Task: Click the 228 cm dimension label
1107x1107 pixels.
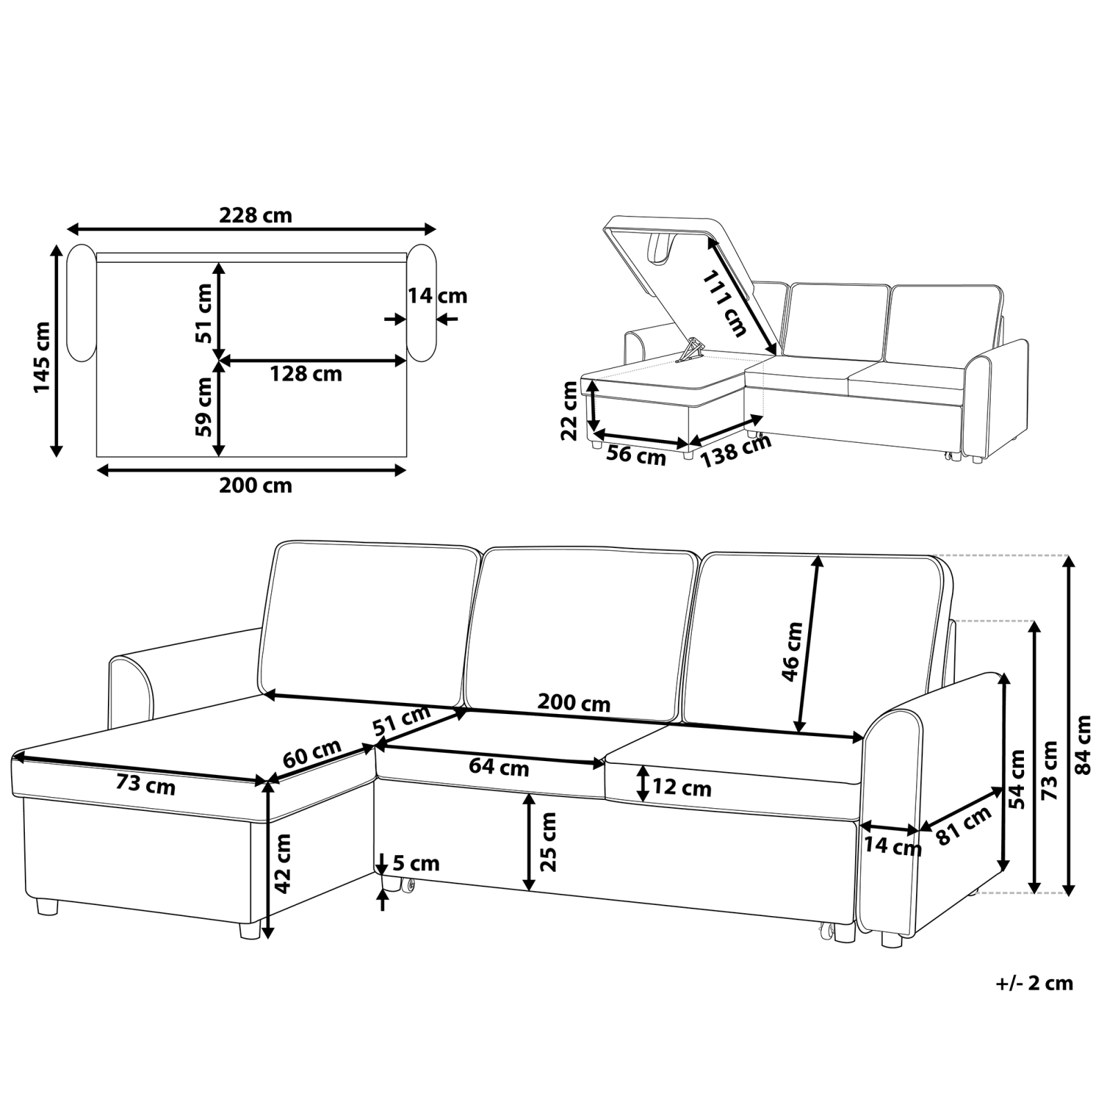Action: (x=255, y=216)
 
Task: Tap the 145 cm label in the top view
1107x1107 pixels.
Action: (x=42, y=357)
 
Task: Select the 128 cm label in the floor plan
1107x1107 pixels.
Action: (x=306, y=374)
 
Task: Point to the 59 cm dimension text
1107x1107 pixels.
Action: (x=203, y=406)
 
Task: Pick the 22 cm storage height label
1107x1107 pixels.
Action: (x=569, y=411)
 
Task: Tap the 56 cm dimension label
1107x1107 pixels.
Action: (x=636, y=456)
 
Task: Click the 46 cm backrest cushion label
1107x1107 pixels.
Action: (x=792, y=652)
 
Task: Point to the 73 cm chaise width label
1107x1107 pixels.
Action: (x=145, y=785)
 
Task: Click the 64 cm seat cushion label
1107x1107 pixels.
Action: (x=499, y=767)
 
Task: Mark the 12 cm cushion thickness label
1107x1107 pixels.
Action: (x=681, y=788)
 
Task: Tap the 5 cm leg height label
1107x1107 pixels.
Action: (x=416, y=863)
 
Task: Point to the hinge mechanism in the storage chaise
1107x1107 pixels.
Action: (x=691, y=349)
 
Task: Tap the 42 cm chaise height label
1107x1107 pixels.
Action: (x=283, y=863)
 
